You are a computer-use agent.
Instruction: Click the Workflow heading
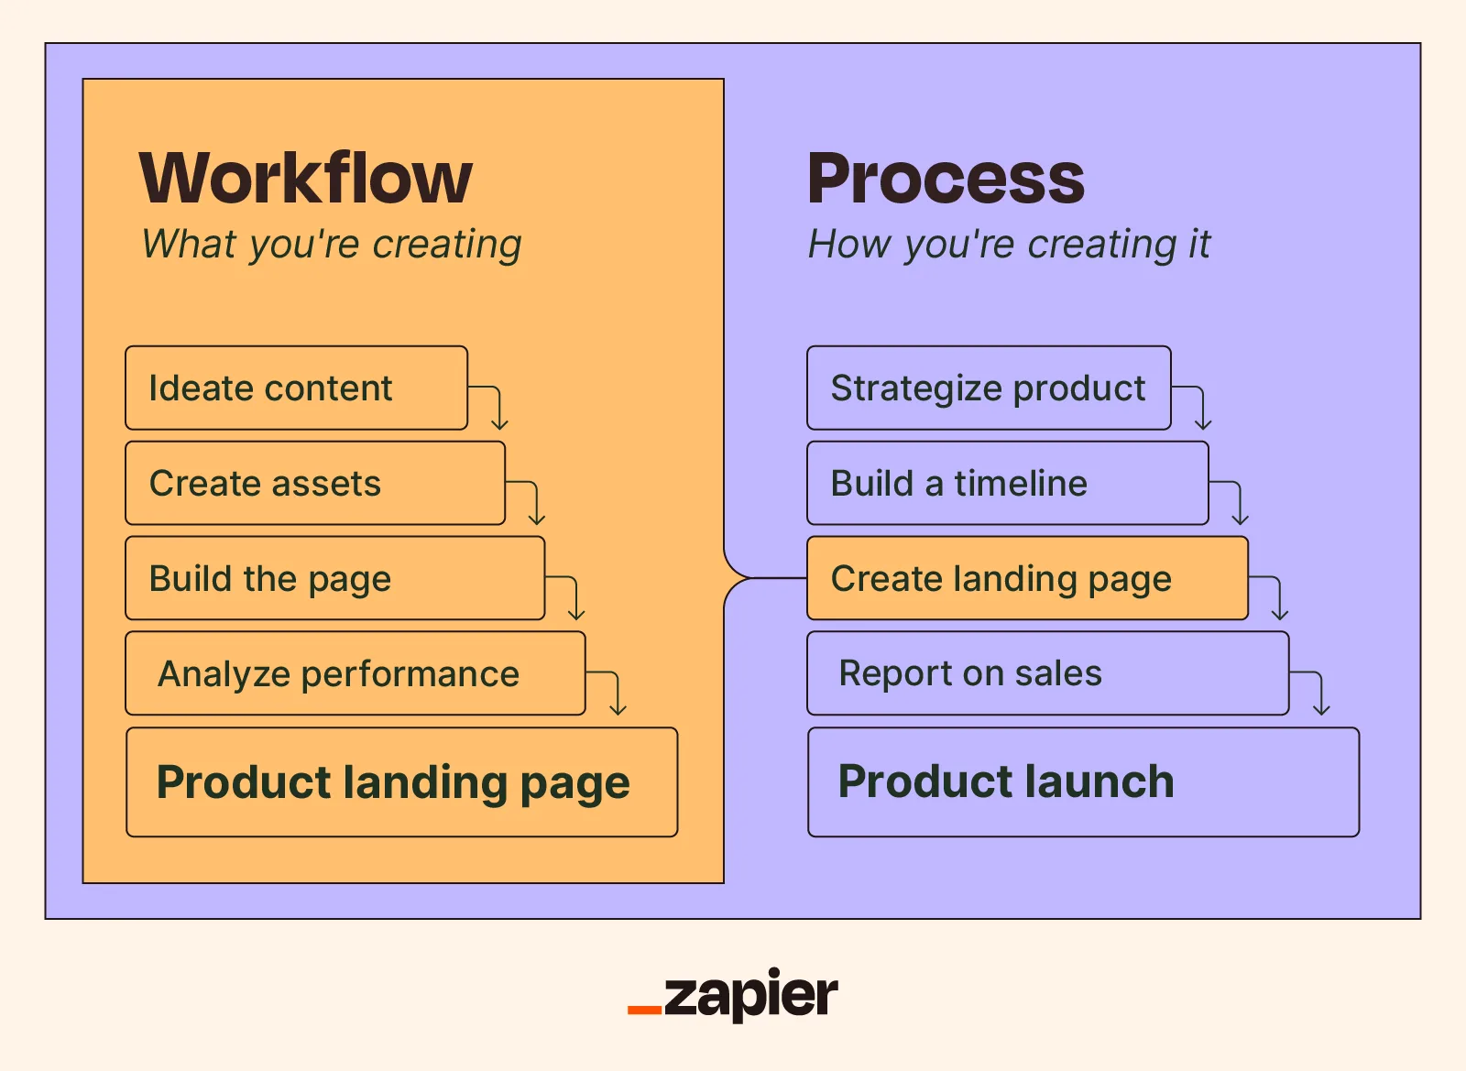(x=306, y=178)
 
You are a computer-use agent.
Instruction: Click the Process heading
(x=946, y=178)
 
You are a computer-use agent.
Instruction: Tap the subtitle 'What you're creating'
(x=332, y=245)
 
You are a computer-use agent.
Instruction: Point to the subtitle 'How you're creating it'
(x=1009, y=245)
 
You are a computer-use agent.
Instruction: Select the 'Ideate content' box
(x=297, y=388)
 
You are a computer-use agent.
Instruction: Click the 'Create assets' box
(x=315, y=483)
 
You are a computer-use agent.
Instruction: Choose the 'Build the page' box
(x=335, y=578)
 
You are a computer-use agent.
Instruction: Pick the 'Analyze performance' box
(x=356, y=673)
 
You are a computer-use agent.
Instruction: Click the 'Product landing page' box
(x=402, y=781)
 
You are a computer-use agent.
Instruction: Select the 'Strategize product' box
(x=989, y=388)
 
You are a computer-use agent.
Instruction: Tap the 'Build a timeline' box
(x=1008, y=483)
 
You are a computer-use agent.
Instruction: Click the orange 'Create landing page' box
(x=1027, y=578)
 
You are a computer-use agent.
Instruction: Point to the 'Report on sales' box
(x=1048, y=673)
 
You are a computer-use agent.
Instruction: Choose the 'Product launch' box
(x=1084, y=781)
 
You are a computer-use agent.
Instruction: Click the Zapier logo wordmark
(x=733, y=994)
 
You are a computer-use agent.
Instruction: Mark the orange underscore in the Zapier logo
(x=645, y=1011)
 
